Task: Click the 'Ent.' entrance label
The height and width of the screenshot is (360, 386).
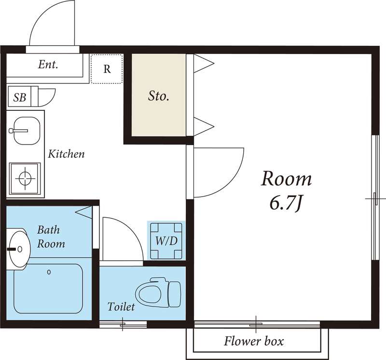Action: [48, 65]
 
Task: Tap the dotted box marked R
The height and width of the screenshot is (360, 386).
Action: [107, 68]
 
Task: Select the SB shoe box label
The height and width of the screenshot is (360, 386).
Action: [19, 97]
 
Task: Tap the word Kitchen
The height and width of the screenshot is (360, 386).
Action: [67, 154]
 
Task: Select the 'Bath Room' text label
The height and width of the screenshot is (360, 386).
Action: [51, 237]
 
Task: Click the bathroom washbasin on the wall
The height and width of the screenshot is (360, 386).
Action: [18, 248]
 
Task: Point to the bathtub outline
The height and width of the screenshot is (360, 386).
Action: [48, 288]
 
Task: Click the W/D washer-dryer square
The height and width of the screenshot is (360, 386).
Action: [165, 241]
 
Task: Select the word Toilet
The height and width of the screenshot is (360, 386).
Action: [121, 307]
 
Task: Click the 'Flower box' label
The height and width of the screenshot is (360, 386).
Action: [254, 342]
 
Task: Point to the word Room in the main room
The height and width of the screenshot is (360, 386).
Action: [286, 179]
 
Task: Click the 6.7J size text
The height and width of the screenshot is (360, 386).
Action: [285, 204]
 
